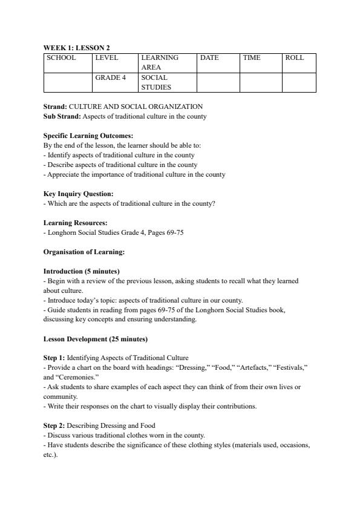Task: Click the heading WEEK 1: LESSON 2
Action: coord(76,47)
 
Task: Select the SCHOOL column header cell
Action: coord(61,58)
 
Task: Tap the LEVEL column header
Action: coord(106,58)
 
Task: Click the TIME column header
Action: coord(252,58)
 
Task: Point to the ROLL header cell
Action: coord(295,58)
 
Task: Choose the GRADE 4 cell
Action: coord(110,78)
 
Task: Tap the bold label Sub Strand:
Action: coord(62,116)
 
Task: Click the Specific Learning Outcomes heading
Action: coord(88,136)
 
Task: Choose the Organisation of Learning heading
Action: coord(83,252)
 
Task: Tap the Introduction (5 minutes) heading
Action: coord(81,271)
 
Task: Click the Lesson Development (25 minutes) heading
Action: coord(96,339)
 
